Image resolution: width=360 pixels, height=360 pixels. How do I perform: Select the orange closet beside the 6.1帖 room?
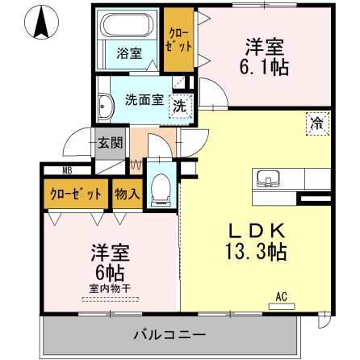[179, 40]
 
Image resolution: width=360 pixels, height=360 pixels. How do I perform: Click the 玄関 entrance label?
[111, 144]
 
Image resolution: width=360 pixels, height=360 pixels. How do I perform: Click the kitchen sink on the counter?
[267, 178]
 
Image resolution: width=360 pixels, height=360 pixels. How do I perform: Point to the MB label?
[67, 170]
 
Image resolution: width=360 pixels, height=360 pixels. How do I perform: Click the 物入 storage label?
[127, 195]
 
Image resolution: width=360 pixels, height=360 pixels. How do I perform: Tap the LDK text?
[253, 230]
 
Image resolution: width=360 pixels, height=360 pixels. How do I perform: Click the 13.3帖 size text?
[253, 252]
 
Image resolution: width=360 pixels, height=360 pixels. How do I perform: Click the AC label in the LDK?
[282, 298]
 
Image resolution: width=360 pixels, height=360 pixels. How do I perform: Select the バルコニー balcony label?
[170, 333]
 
